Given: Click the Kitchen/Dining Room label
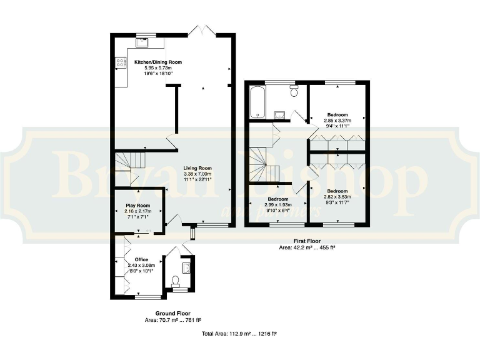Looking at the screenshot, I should tap(158, 62).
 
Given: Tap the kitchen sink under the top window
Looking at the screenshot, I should tap(143, 43).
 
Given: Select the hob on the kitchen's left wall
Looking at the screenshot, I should tap(121, 62).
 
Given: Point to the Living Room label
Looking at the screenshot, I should tap(197, 168).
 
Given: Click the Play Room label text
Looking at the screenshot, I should tap(137, 206).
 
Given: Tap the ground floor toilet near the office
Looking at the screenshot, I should tap(176, 280).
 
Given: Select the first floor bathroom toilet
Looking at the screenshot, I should tap(294, 92).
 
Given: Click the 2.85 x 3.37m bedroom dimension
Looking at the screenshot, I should tap(337, 121).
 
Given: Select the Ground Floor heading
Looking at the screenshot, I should tap(172, 313).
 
